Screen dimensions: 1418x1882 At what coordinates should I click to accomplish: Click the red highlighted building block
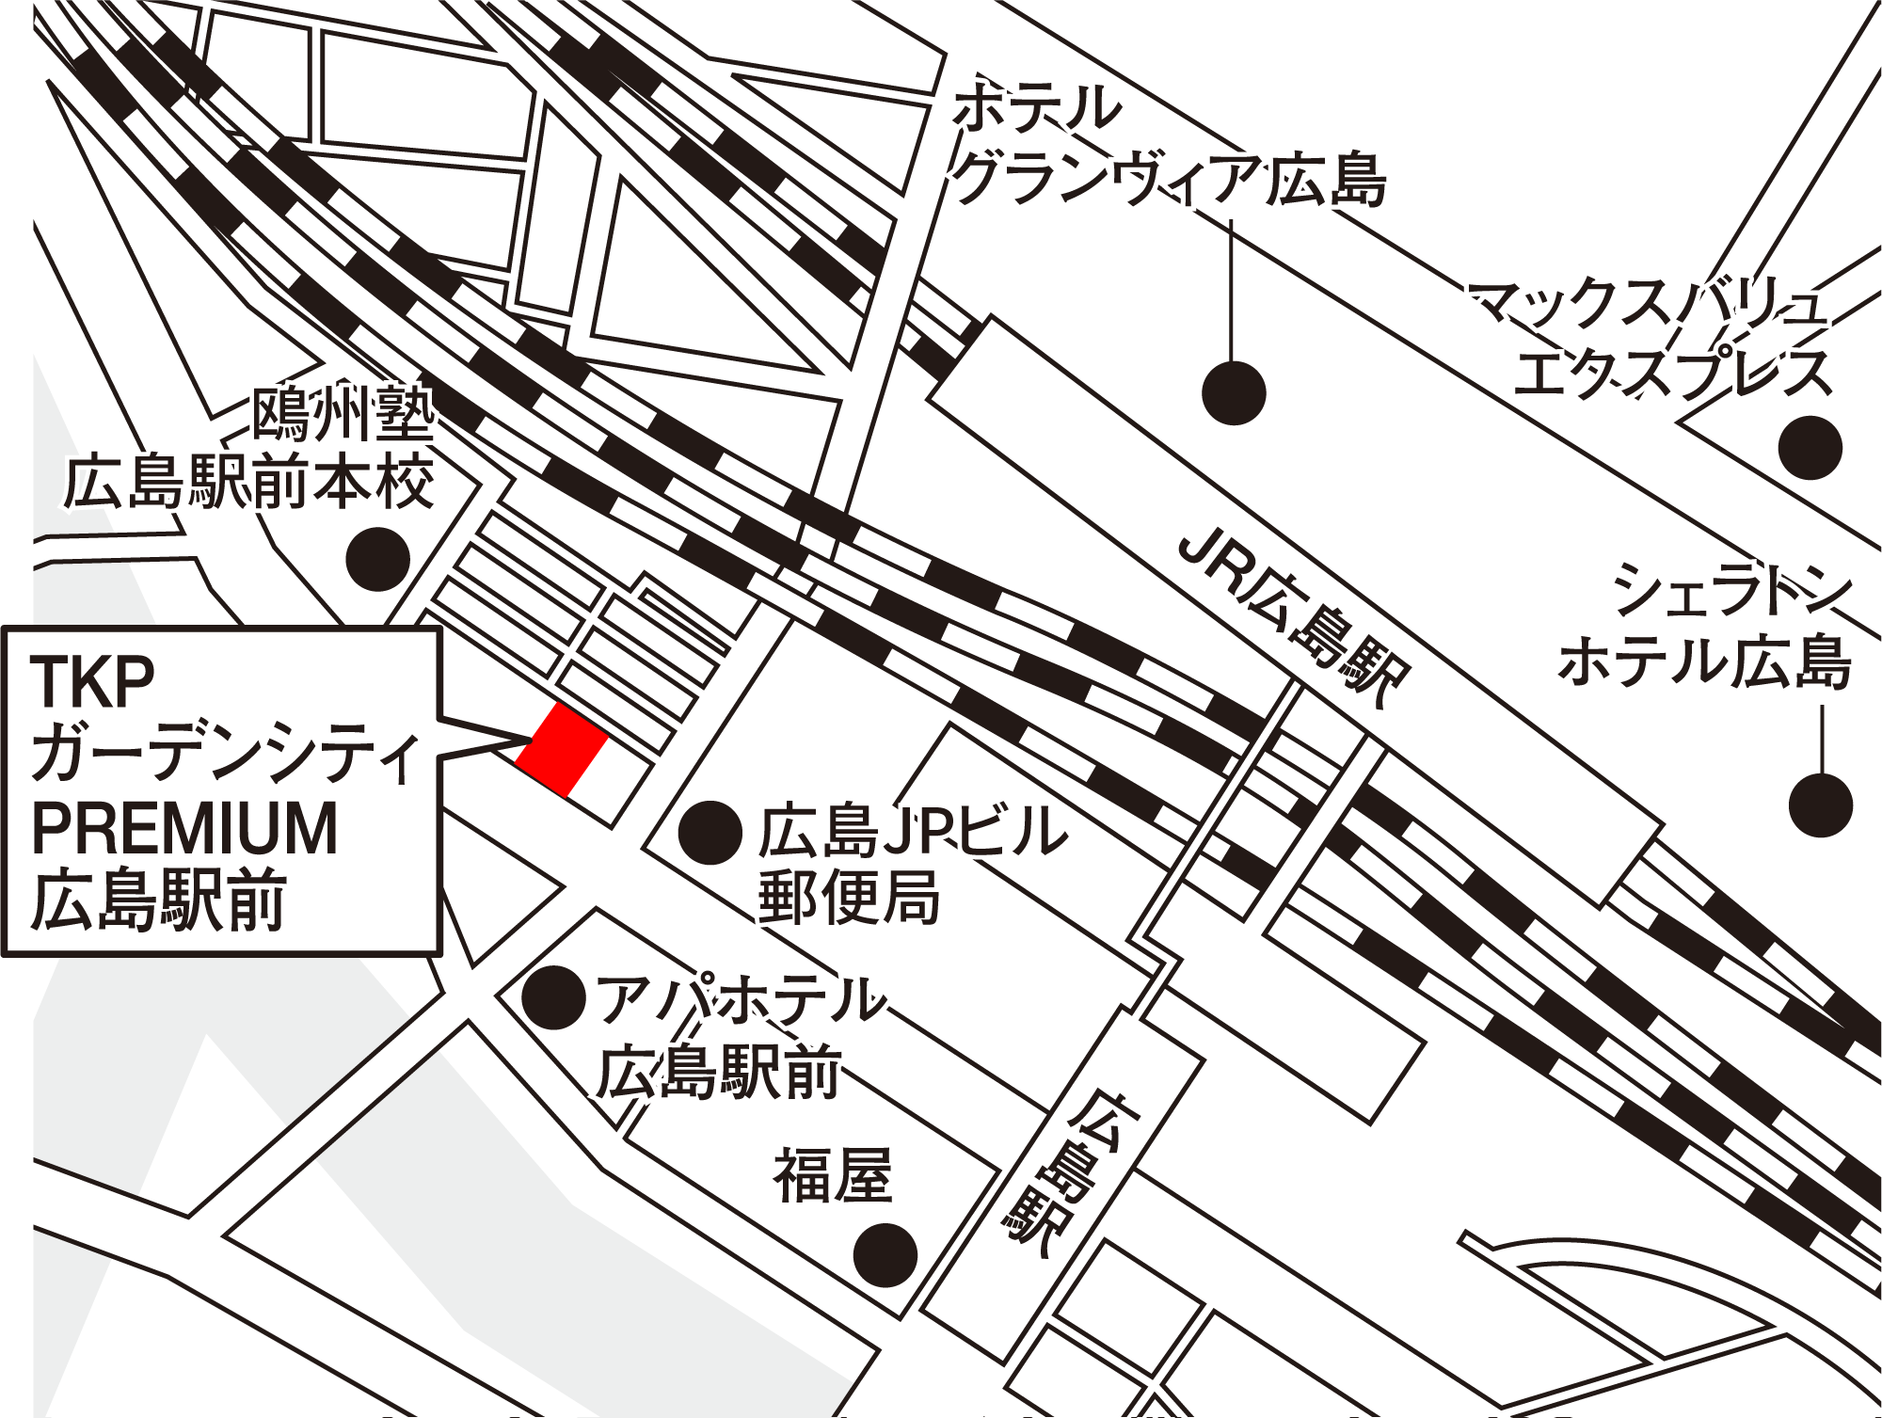[x=562, y=749]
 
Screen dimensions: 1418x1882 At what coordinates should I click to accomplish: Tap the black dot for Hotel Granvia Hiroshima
[x=1234, y=392]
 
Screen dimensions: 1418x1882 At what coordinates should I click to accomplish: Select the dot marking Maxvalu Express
[x=1810, y=448]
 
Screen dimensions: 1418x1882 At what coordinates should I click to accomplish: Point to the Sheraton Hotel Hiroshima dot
[x=1820, y=805]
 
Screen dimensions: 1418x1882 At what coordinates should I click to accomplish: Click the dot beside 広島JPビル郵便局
[x=710, y=833]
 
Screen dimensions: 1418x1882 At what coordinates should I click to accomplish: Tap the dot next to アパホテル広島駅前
[x=554, y=997]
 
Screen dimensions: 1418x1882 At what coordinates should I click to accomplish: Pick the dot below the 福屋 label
[x=885, y=1255]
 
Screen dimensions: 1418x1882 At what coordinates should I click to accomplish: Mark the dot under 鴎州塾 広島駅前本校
[x=377, y=560]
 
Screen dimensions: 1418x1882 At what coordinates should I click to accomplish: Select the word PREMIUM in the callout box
[x=184, y=828]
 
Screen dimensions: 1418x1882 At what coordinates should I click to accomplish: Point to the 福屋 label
[x=833, y=1175]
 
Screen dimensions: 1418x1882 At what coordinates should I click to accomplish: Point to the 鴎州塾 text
[x=343, y=414]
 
